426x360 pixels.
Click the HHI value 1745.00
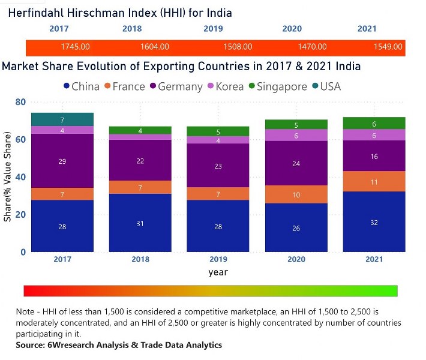[75, 47]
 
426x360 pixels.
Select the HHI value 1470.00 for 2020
[312, 47]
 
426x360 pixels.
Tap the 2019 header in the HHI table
[213, 28]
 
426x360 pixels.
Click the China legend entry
[81, 86]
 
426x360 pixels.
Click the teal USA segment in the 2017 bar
[62, 120]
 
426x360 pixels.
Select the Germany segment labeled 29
[62, 161]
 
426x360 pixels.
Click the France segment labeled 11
[374, 181]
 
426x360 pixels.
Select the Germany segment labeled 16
[374, 156]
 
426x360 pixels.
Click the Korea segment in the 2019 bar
[218, 140]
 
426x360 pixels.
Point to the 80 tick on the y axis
[20, 102]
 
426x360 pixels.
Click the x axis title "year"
[218, 272]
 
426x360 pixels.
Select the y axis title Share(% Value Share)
[8, 180]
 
